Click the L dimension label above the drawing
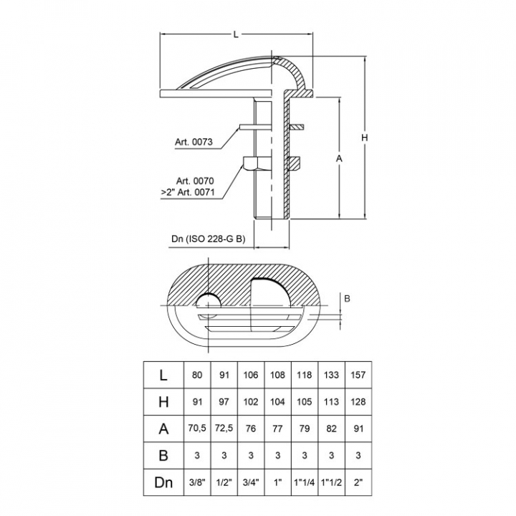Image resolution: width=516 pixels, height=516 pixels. [236, 34]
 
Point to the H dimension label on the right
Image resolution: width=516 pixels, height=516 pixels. [364, 138]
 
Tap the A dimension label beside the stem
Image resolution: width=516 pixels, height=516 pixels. [339, 158]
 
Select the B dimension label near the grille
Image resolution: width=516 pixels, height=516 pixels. [347, 298]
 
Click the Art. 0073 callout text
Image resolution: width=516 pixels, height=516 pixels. [193, 142]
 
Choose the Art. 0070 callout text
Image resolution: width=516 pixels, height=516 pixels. [195, 181]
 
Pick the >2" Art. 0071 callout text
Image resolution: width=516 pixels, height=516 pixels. [188, 192]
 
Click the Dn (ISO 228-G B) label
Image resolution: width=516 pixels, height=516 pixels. [209, 239]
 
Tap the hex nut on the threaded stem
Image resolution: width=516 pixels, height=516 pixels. [257, 163]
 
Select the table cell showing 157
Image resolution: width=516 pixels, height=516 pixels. [358, 375]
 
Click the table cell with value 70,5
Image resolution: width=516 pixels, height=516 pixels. [197, 428]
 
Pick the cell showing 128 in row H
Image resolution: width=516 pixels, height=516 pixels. [358, 402]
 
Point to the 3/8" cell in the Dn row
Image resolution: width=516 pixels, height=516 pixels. [197, 482]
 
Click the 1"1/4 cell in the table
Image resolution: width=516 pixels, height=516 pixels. [305, 482]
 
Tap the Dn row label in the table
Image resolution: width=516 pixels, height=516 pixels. [163, 482]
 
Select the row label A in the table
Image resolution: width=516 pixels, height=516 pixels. [163, 429]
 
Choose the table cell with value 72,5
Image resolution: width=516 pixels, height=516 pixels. [224, 428]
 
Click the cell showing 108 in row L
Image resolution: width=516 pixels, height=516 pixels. [277, 375]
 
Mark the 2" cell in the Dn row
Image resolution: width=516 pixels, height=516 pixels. [358, 482]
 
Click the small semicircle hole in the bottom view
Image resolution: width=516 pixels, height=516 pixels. [209, 300]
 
